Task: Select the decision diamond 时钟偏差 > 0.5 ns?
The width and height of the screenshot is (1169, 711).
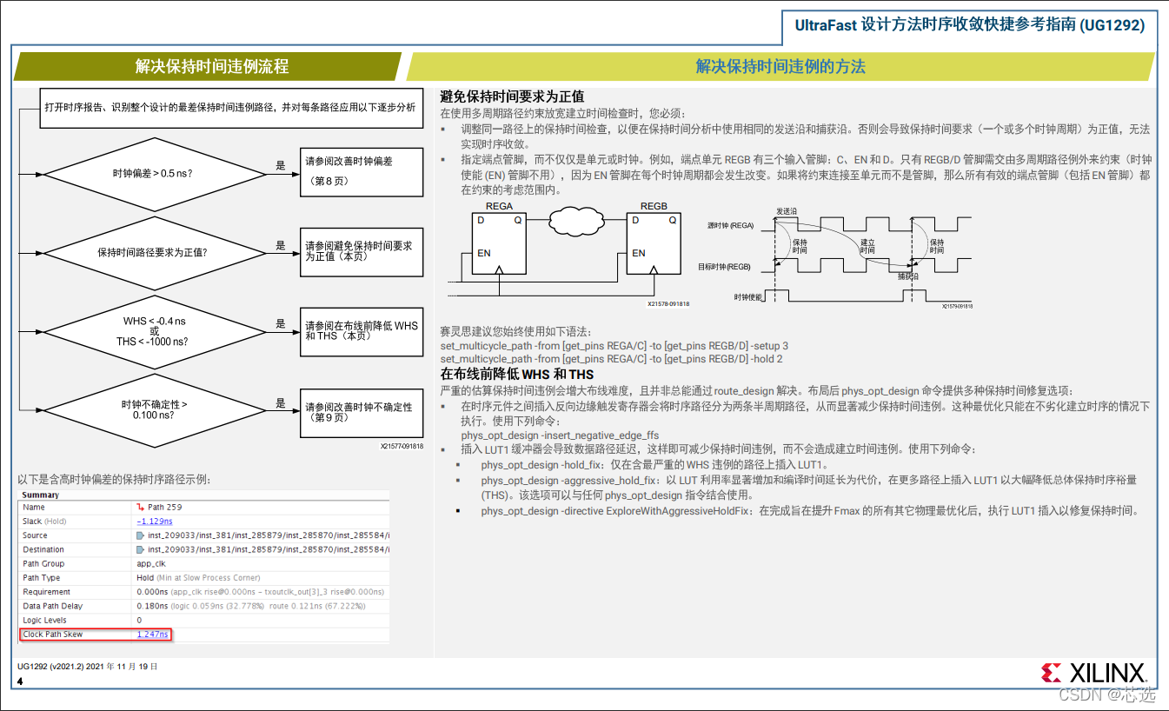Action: tap(153, 173)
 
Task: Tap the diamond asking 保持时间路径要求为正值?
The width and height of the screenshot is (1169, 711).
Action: tap(153, 253)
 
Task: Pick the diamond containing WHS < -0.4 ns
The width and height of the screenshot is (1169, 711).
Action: tap(153, 331)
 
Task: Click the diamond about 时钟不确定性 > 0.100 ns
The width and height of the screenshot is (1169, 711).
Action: tap(153, 409)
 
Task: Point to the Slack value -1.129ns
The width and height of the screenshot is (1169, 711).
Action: tap(155, 522)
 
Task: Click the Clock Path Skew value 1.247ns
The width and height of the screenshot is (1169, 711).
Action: tap(153, 635)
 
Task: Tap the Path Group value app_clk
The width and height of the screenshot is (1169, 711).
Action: tap(152, 563)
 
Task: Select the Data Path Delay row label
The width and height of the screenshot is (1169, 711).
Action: tap(53, 606)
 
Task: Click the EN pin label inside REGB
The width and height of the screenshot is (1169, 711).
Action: tap(639, 254)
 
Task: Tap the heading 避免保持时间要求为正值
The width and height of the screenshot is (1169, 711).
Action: tap(512, 96)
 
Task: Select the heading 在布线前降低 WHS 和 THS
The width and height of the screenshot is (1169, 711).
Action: tap(517, 375)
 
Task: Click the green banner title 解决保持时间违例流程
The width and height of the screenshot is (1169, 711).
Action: tap(212, 67)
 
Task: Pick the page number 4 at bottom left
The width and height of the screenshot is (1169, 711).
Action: tap(20, 681)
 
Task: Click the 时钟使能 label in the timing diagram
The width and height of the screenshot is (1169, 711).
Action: tap(747, 296)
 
